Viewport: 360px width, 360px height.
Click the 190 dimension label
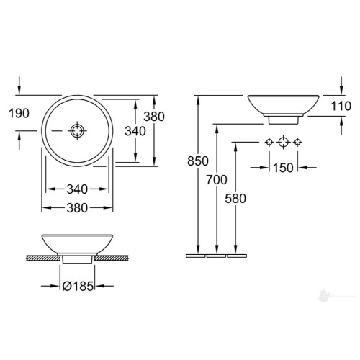[x=19, y=113]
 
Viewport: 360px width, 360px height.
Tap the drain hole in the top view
[x=77, y=131]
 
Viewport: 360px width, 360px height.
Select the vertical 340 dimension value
[x=135, y=131]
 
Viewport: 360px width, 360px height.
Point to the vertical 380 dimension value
[x=154, y=117]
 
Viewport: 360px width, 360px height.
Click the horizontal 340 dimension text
[x=77, y=189]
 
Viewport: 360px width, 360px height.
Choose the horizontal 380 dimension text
[x=77, y=208]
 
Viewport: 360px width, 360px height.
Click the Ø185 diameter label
[x=78, y=286]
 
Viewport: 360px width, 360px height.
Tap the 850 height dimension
[x=198, y=161]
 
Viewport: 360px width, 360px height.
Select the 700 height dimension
[x=217, y=180]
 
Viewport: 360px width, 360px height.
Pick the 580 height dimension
[x=235, y=199]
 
